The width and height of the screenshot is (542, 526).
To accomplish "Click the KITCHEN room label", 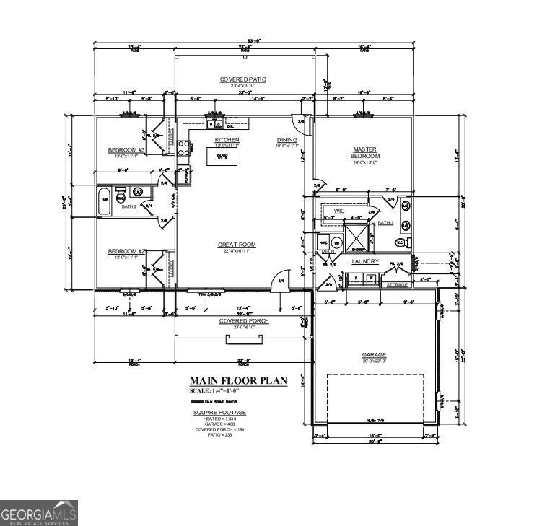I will (x=227, y=140).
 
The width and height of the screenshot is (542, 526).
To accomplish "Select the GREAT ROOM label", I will (x=237, y=245).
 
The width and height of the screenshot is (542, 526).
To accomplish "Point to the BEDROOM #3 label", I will (x=126, y=150).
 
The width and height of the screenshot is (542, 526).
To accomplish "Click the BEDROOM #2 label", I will (x=127, y=251).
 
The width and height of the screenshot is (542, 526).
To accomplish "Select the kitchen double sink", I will (x=214, y=123).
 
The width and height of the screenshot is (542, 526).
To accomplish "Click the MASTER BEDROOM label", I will (x=364, y=153).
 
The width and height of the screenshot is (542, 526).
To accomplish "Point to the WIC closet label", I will (x=339, y=211).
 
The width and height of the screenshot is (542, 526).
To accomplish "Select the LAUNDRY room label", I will (x=365, y=261).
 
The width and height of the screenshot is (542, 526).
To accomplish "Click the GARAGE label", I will (x=374, y=355).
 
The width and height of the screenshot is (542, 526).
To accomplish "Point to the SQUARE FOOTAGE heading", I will (x=219, y=413).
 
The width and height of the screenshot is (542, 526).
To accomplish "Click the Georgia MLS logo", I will (x=39, y=513).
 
